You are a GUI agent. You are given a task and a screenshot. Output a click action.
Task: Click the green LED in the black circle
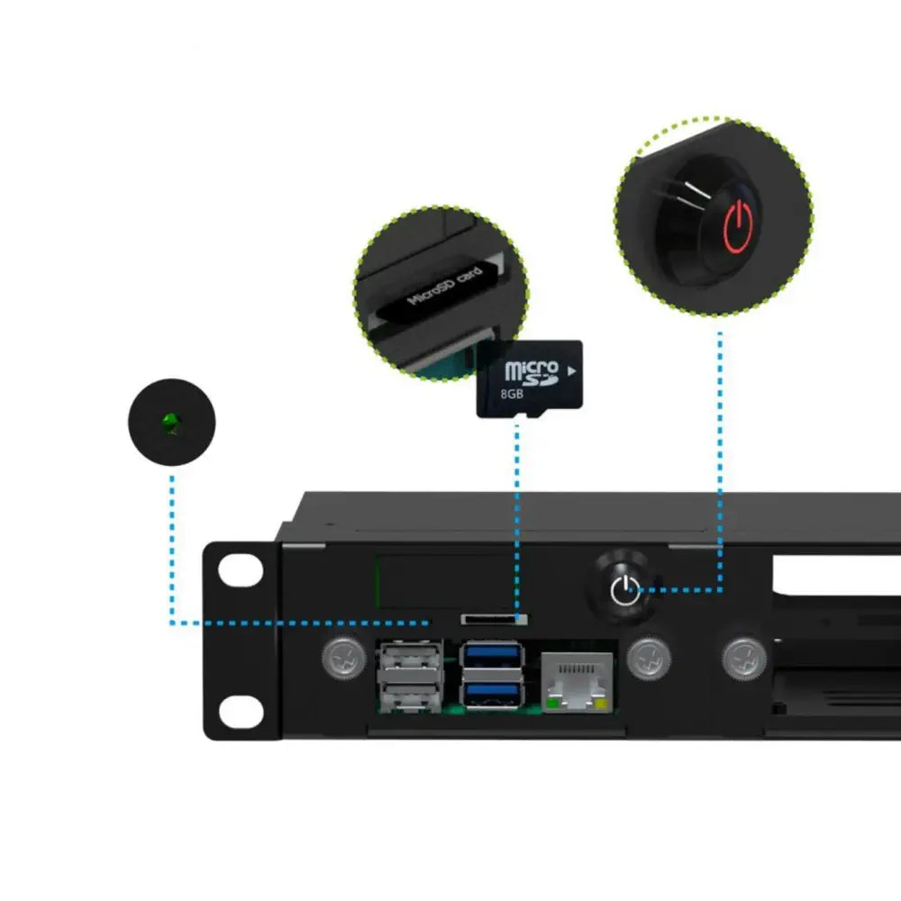pos(169,421)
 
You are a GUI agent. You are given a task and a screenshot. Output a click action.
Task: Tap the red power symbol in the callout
pos(737,224)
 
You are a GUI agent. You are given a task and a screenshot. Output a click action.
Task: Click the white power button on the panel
pos(624,591)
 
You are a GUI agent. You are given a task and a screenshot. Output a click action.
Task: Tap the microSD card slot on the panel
pos(494,619)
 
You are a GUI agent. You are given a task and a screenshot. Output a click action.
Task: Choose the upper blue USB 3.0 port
pos(492,655)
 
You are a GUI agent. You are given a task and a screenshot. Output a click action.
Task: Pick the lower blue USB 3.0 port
pos(492,693)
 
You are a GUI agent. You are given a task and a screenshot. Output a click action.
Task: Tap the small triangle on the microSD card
pos(573,369)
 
